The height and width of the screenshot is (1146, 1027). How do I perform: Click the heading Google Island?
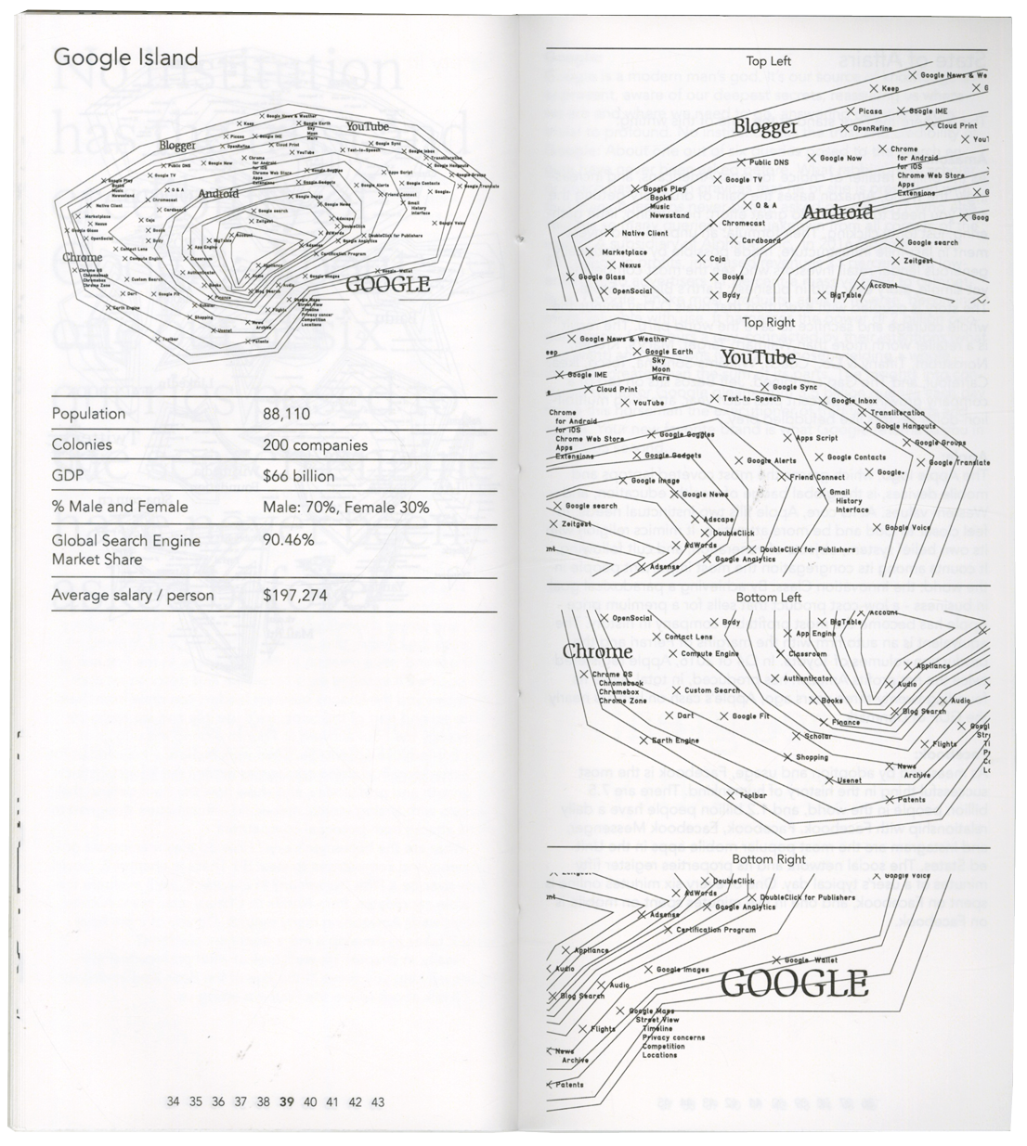(125, 57)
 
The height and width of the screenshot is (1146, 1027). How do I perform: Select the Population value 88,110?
(286, 414)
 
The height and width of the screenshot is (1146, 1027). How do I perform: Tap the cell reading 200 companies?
(315, 445)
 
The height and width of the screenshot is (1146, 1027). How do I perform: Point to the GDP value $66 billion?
(298, 476)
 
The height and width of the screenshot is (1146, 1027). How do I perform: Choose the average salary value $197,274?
(295, 595)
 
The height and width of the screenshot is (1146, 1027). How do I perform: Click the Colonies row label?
(82, 445)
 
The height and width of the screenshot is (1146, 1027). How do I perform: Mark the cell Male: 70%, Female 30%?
(345, 507)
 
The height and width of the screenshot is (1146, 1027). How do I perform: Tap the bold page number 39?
(286, 1102)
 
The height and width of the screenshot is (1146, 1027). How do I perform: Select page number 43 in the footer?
(376, 1102)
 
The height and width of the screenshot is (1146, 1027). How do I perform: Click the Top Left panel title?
(768, 61)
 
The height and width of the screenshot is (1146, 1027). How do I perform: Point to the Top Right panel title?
(769, 323)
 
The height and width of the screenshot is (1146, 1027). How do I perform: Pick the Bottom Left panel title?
(768, 598)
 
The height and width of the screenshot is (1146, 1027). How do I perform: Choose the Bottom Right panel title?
(768, 860)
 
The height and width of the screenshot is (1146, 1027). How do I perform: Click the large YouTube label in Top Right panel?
(758, 357)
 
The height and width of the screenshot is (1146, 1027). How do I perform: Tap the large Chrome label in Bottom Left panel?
(597, 651)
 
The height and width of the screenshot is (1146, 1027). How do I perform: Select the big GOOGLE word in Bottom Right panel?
(794, 983)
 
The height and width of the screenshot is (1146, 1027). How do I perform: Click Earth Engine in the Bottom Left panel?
(675, 740)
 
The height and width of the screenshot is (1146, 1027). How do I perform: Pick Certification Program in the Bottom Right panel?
(715, 929)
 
